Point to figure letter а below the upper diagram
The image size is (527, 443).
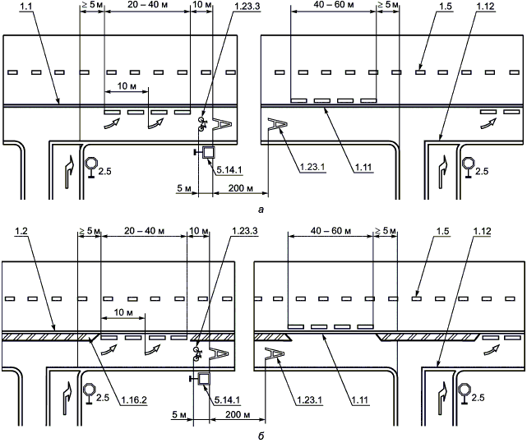[261, 211]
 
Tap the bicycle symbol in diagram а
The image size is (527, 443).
[202, 126]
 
